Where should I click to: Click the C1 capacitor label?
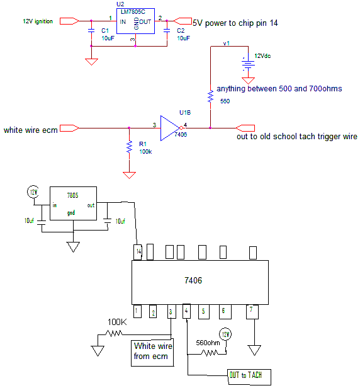click(x=105, y=30)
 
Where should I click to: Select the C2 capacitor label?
click(x=181, y=30)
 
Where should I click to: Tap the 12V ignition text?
click(x=38, y=21)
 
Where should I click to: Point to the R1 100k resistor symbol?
click(x=129, y=147)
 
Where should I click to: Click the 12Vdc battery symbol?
click(x=248, y=64)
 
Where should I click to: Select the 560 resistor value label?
click(x=225, y=101)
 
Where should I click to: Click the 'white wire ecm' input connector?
click(x=69, y=128)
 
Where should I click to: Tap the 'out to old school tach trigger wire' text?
click(x=296, y=136)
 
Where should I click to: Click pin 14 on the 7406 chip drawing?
click(x=137, y=252)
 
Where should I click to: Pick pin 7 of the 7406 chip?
click(x=252, y=312)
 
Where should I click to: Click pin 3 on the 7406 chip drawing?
click(x=171, y=311)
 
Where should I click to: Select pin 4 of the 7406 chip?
click(x=186, y=311)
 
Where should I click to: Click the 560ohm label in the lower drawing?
click(x=208, y=343)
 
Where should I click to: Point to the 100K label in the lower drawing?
click(x=117, y=322)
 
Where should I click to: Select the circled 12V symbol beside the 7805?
click(x=33, y=191)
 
